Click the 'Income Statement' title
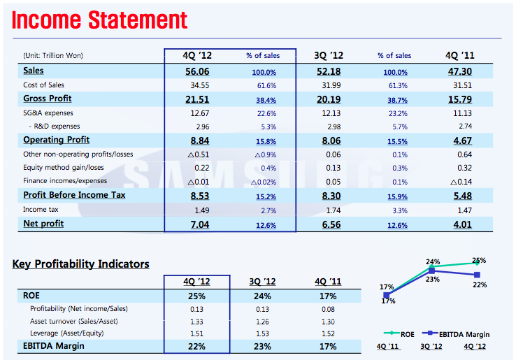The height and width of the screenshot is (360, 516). click(x=100, y=20)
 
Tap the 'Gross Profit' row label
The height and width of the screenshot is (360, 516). click(x=48, y=99)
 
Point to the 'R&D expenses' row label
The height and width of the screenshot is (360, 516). click(x=57, y=127)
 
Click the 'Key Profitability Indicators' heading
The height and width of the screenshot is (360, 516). click(x=81, y=264)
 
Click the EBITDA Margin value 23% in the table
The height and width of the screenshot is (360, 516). click(x=261, y=347)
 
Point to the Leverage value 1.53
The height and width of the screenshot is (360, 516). click(x=261, y=334)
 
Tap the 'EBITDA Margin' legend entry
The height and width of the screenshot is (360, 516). click(x=458, y=334)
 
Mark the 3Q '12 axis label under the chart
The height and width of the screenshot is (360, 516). click(x=431, y=347)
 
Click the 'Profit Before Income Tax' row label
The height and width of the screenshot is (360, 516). click(x=74, y=195)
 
